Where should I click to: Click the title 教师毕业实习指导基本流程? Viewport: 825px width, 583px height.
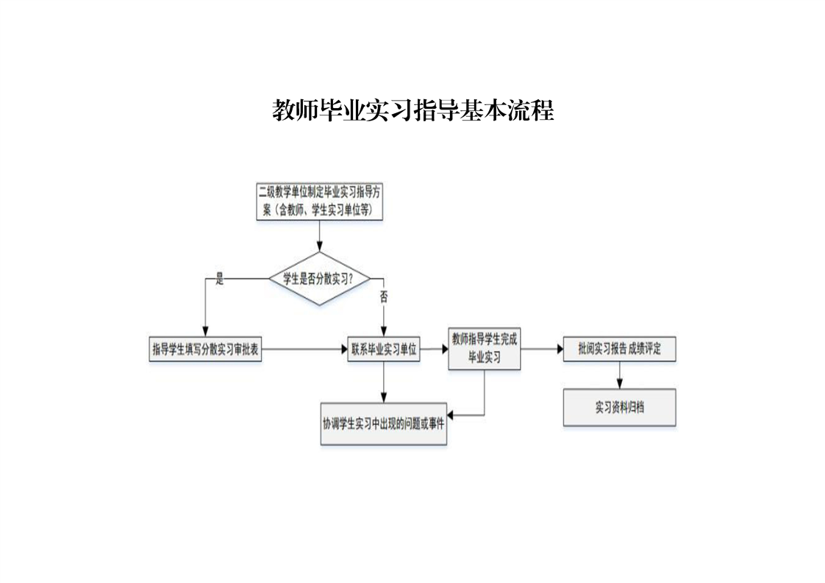coord(413,111)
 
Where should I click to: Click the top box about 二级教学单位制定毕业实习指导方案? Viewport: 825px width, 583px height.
coord(320,201)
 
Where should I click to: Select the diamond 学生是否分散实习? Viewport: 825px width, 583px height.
coord(320,279)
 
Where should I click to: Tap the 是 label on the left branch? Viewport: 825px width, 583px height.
coord(219,279)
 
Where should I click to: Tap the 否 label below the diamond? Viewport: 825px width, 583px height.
coord(384,297)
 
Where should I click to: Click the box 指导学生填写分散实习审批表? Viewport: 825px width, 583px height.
coord(206,350)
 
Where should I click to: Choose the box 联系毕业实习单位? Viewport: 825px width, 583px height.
coord(384,350)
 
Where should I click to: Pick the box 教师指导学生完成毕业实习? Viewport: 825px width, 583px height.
coord(485,349)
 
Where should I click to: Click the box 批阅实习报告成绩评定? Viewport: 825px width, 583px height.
coord(619,349)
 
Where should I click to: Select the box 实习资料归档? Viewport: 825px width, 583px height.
coord(619,407)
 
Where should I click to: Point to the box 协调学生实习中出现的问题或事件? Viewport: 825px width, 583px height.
coord(384,423)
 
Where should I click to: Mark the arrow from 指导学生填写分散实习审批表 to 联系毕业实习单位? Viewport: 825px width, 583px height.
coord(304,350)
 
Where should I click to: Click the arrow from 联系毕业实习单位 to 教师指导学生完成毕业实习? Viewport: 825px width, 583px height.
coord(435,350)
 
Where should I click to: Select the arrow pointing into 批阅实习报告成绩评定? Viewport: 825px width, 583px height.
coord(543,350)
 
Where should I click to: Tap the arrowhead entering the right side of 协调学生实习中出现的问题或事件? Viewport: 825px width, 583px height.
coord(451,415)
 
